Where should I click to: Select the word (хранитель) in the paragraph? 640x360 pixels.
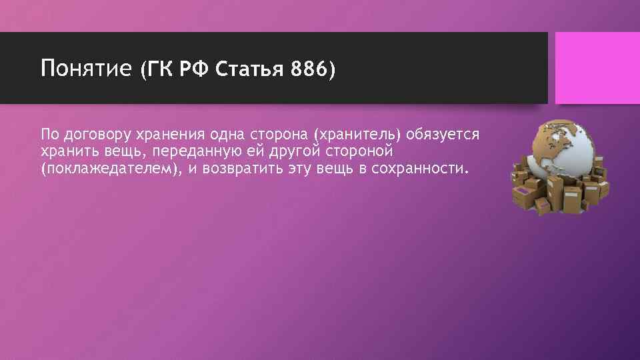358,135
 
